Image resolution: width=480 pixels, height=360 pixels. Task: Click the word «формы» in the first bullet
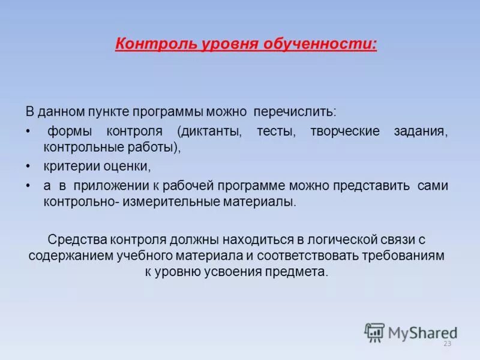67,131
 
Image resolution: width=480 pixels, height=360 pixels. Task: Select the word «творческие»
345,131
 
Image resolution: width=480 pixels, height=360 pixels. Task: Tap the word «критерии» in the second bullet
65,166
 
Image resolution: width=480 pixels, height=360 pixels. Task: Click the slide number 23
447,344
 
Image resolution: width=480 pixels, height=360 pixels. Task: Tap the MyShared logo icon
375,332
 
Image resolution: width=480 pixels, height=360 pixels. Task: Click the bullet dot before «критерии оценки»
29,166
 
